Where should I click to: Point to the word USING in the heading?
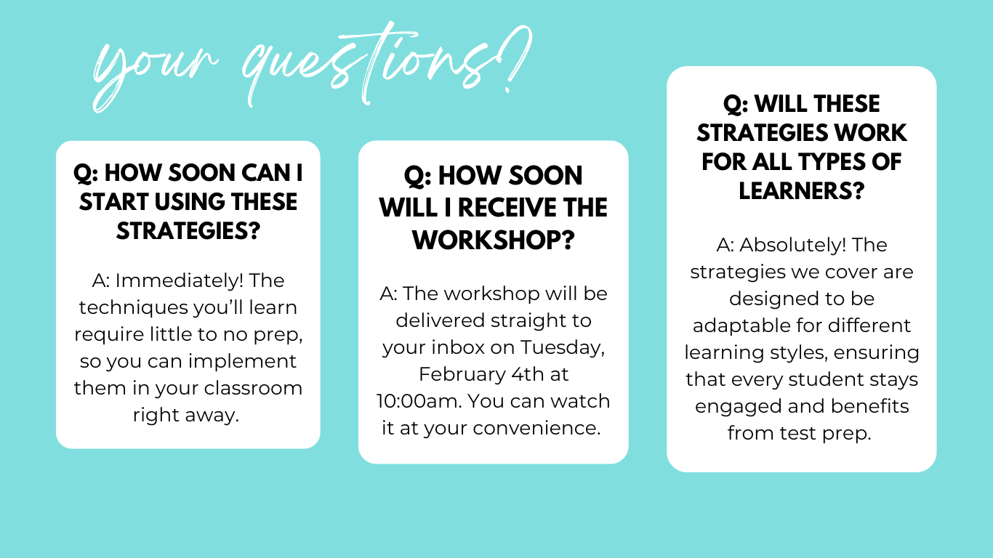[x=188, y=201]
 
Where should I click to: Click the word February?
[x=462, y=374]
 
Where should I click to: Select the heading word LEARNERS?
[x=801, y=190]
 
